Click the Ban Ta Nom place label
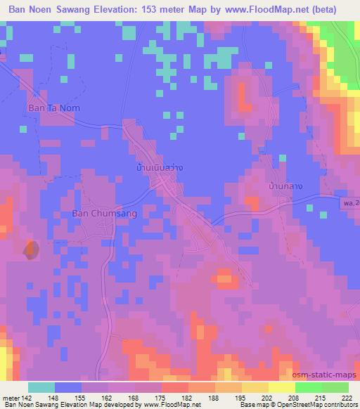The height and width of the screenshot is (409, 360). click(x=52, y=108)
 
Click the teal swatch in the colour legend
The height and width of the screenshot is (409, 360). click(x=41, y=387)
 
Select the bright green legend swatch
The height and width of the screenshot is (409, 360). click(x=334, y=387)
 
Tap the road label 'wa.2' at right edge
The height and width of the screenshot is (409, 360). click(x=352, y=202)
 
